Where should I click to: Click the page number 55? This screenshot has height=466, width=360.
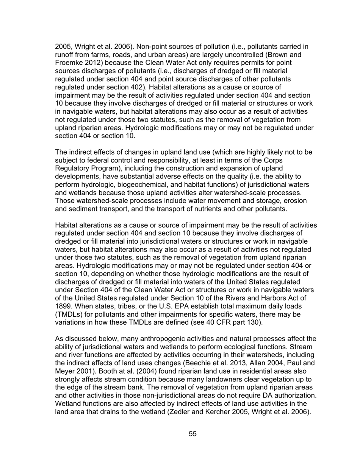[193, 434]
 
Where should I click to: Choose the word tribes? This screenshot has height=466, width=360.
[112, 306]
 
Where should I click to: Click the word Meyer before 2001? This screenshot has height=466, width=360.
[65, 371]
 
